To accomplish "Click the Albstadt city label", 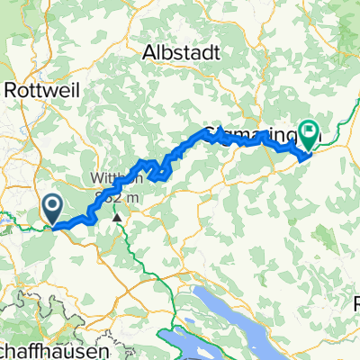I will tap(181, 53).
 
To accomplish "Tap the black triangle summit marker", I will tap(116, 216).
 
